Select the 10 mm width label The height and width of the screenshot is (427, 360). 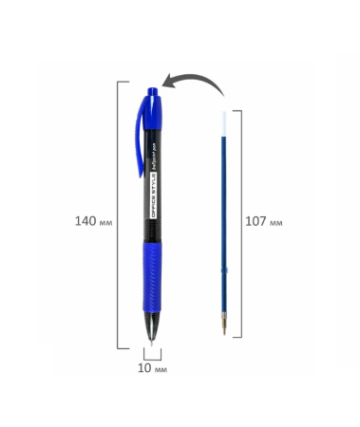[153, 365]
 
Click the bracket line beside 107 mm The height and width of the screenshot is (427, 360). [240, 224]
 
